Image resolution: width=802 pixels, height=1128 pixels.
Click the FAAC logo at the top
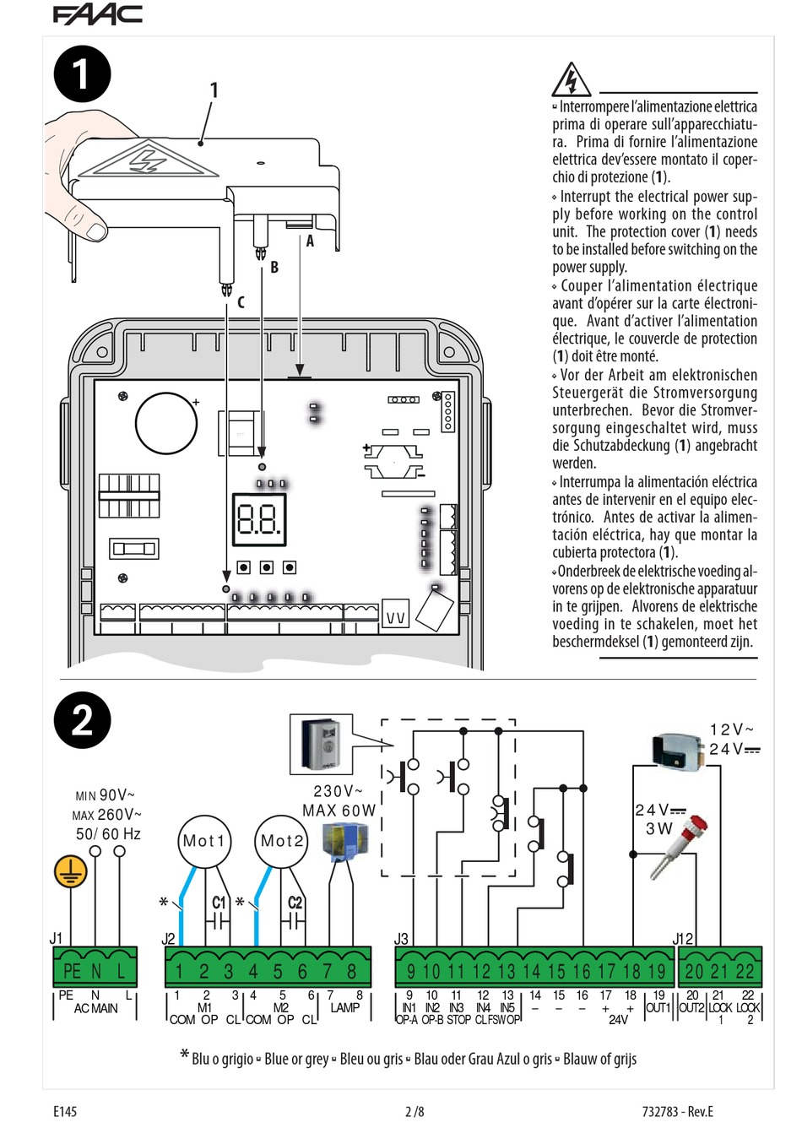point(97,14)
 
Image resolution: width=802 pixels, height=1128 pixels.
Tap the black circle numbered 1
point(82,73)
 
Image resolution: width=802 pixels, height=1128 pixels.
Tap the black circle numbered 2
point(82,720)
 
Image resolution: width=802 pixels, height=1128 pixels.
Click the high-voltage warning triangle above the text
point(572,80)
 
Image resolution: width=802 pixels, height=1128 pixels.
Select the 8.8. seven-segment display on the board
point(259,518)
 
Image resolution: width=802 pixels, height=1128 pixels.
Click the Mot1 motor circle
point(203,841)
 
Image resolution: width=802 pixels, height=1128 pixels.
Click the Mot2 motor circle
point(281,841)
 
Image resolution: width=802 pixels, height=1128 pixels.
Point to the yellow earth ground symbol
point(71,871)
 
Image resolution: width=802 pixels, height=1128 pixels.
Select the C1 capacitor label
point(219,903)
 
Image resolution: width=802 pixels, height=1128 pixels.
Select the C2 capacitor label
point(295,903)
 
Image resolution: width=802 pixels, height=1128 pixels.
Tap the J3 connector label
point(401,939)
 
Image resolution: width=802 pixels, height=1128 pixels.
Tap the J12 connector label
point(682,939)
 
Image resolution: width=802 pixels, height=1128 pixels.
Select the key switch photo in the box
point(321,744)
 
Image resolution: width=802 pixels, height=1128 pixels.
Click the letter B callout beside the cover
point(274,268)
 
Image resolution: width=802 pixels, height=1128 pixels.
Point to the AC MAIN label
point(95,1008)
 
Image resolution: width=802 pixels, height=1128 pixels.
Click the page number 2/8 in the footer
point(414,1111)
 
